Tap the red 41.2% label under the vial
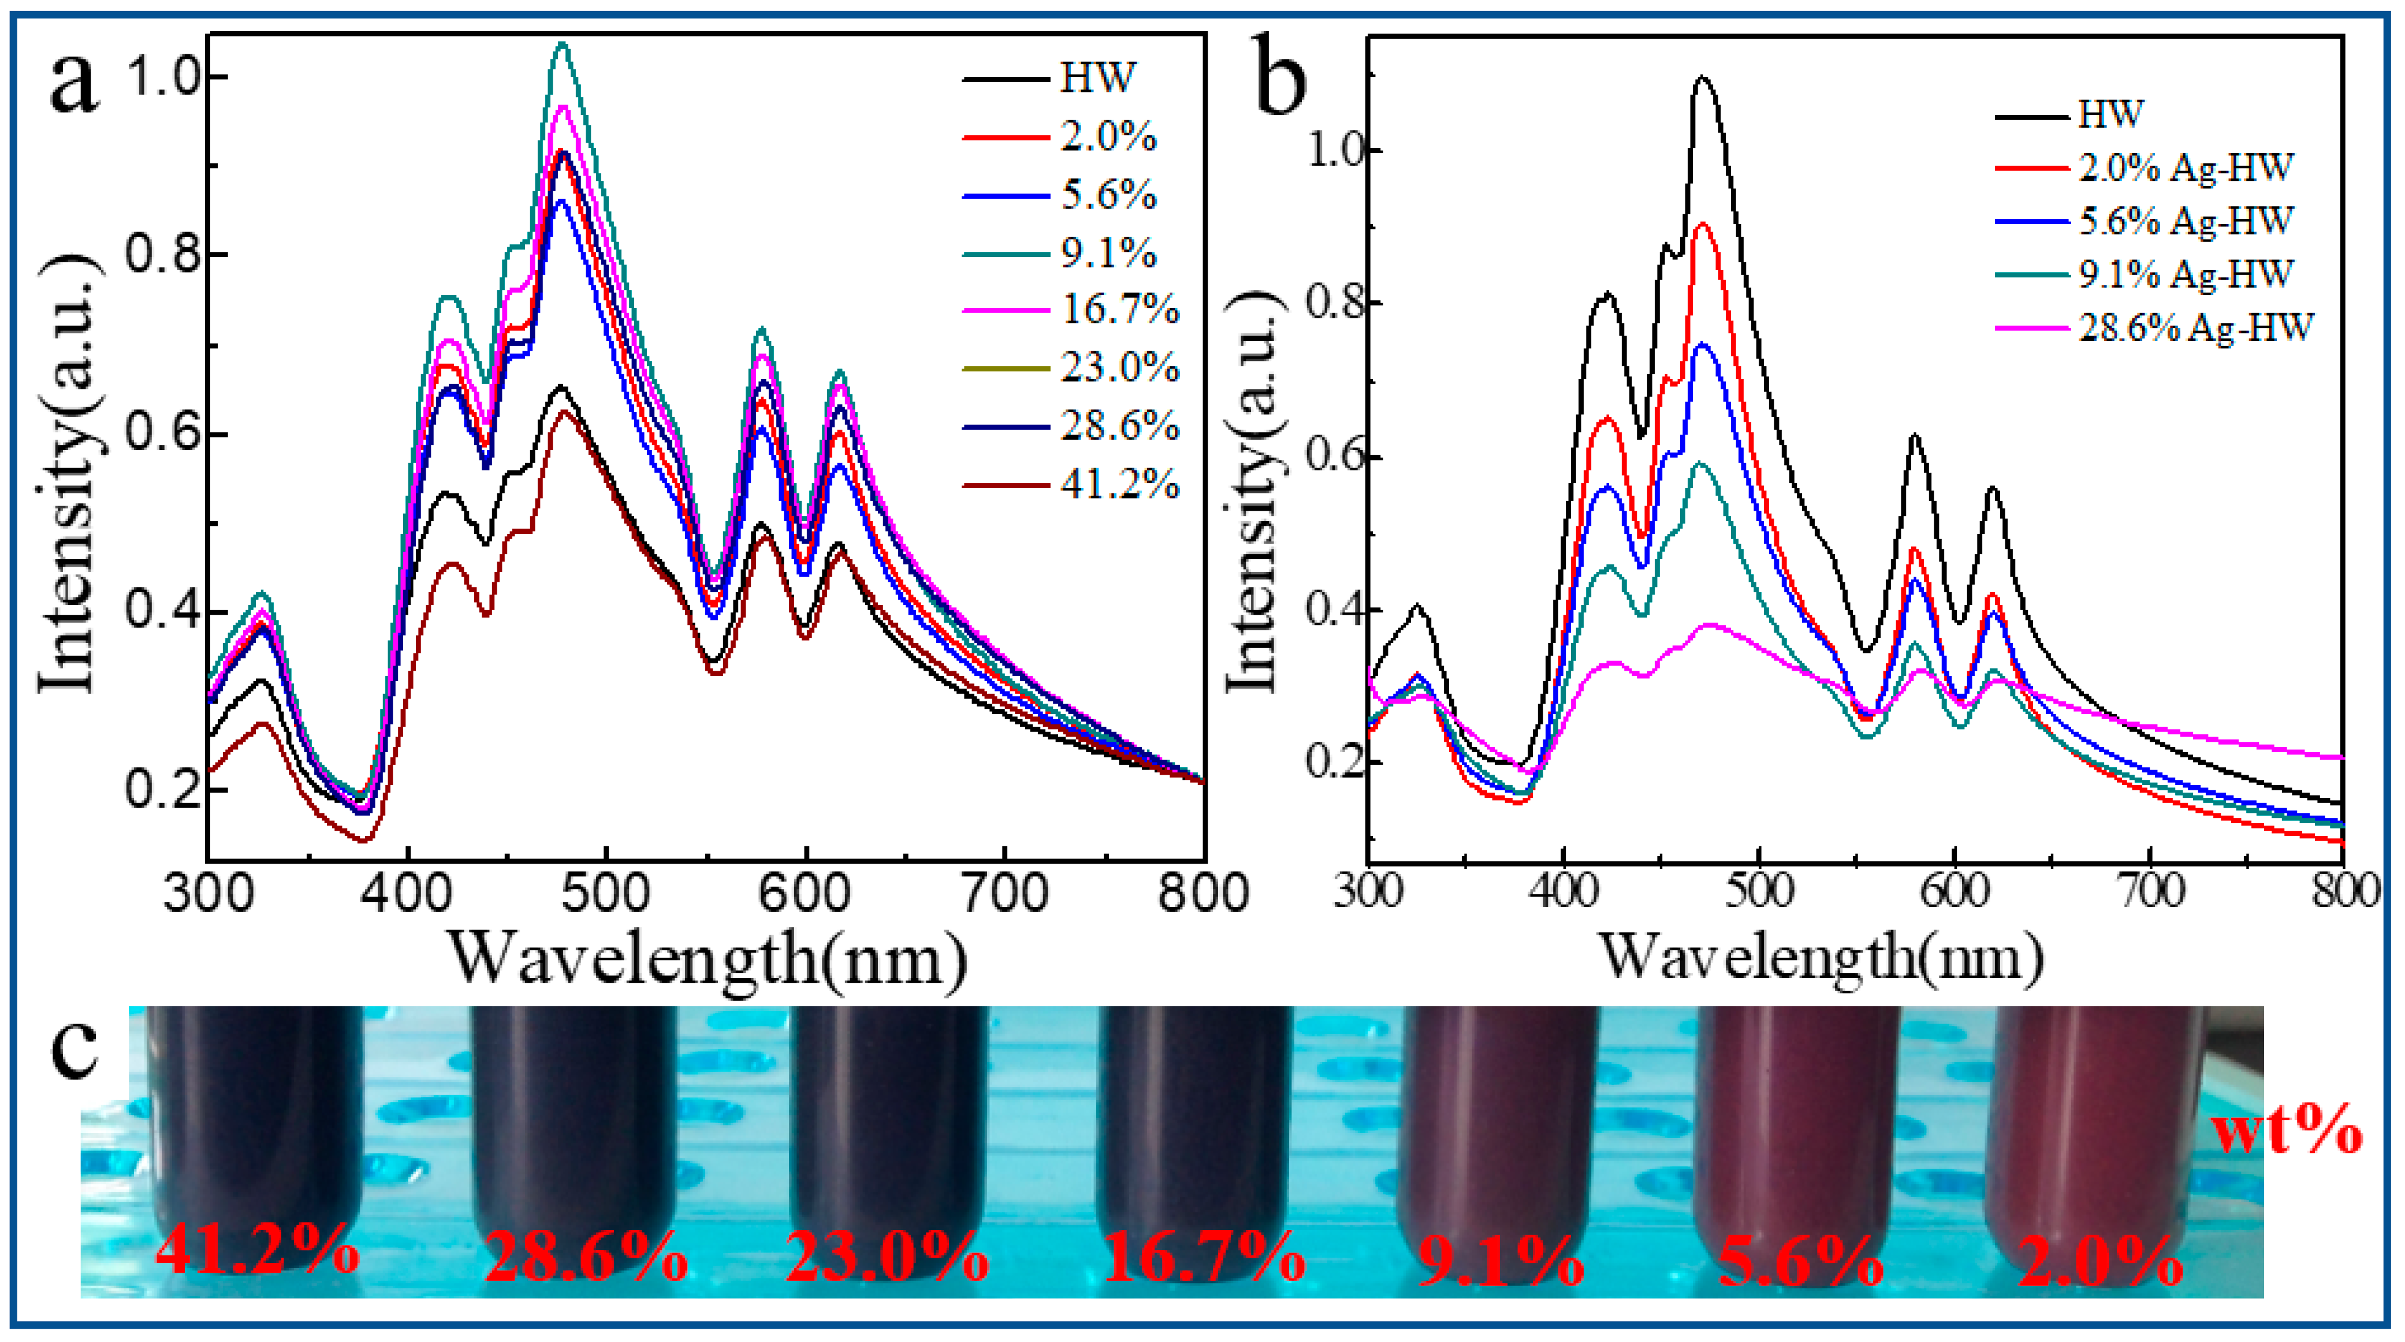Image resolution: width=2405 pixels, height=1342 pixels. coord(257,1251)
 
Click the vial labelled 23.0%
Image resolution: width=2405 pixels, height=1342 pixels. coord(887,1121)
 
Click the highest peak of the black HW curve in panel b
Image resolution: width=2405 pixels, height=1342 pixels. coord(1704,77)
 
